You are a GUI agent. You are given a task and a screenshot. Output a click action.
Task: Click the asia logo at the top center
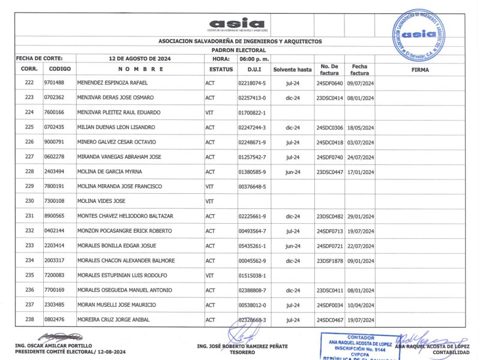[237, 24]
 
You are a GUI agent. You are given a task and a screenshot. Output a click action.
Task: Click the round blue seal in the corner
[419, 34]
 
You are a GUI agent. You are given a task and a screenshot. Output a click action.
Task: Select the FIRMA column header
[420, 70]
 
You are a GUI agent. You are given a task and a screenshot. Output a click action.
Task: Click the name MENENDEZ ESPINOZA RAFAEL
[112, 83]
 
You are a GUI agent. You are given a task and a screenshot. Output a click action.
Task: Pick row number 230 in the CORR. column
[29, 201]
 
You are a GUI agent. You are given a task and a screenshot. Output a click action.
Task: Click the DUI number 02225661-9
[252, 216]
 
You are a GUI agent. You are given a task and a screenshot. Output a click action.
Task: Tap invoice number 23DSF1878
[329, 260]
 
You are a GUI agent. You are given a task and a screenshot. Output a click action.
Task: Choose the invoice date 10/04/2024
[360, 305]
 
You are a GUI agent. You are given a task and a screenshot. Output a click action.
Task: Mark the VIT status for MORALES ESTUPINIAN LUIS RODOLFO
[209, 275]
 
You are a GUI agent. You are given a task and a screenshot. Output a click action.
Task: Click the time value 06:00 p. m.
[254, 59]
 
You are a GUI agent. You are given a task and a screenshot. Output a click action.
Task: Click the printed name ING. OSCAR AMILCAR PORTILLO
[54, 346]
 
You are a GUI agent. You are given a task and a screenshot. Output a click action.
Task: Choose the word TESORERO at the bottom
[242, 352]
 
